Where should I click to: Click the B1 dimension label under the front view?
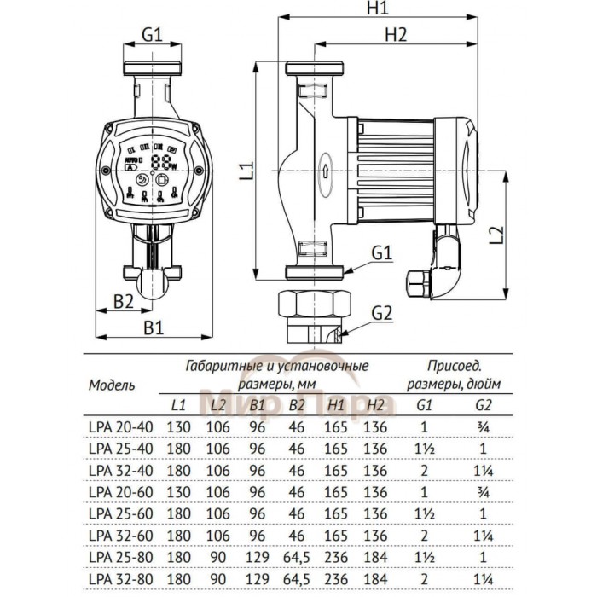pos(152,326)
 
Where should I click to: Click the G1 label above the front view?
pos(152,35)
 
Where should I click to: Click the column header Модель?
pos(112,385)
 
